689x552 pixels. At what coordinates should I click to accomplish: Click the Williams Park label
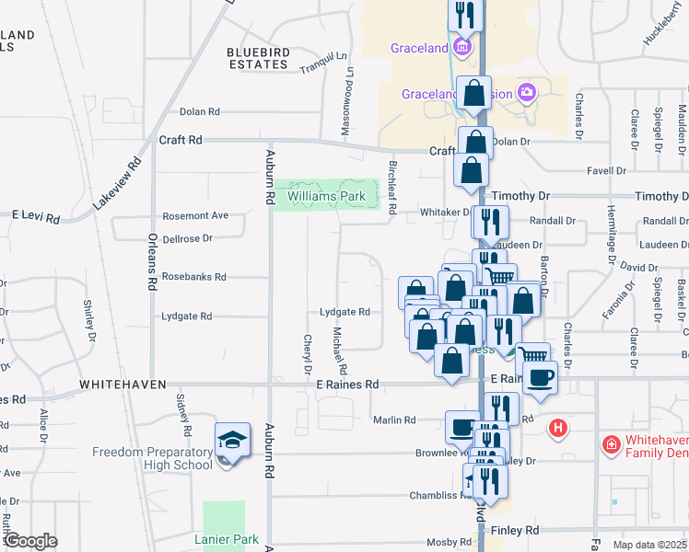[x=326, y=196]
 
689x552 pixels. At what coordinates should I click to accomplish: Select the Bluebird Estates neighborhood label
[x=257, y=58]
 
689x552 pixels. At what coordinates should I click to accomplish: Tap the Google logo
[x=29, y=541]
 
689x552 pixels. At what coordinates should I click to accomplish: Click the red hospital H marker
[x=557, y=428]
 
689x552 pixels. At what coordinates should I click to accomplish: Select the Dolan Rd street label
[x=200, y=111]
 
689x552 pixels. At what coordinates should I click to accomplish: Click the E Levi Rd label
[x=36, y=217]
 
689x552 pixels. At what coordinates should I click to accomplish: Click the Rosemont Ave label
[x=195, y=216]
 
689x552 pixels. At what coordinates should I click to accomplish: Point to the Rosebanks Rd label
[x=193, y=276]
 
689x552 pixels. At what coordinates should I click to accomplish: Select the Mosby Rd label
[x=429, y=543]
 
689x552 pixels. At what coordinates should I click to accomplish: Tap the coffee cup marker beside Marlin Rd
[x=461, y=425]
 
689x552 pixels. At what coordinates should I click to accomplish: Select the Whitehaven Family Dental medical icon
[x=610, y=446]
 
